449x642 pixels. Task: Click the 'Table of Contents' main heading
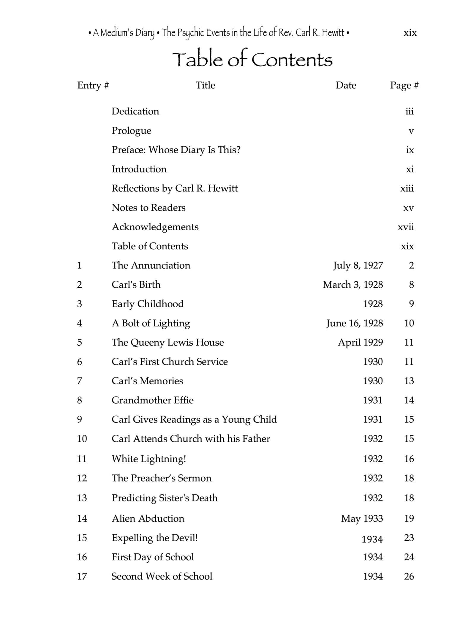(252, 59)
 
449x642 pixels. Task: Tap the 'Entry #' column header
(93, 85)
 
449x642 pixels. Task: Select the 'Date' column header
(346, 85)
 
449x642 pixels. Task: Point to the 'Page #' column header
(404, 85)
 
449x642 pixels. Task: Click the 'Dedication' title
(135, 111)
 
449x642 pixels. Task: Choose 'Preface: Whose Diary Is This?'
(176, 150)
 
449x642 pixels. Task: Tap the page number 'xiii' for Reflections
(407, 188)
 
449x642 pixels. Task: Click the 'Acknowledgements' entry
(155, 227)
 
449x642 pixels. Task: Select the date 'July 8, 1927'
(358, 265)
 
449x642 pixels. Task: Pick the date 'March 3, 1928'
(353, 285)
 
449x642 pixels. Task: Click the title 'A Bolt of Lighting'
(151, 323)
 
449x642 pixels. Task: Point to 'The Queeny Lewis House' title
(168, 342)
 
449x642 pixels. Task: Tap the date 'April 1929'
(360, 342)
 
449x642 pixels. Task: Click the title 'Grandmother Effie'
(153, 400)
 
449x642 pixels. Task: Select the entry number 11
(82, 459)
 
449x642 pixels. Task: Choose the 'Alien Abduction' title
(148, 519)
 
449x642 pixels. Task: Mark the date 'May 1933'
(362, 519)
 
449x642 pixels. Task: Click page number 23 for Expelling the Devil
(409, 538)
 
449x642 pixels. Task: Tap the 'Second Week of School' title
(162, 577)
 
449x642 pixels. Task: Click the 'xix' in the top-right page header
(410, 33)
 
